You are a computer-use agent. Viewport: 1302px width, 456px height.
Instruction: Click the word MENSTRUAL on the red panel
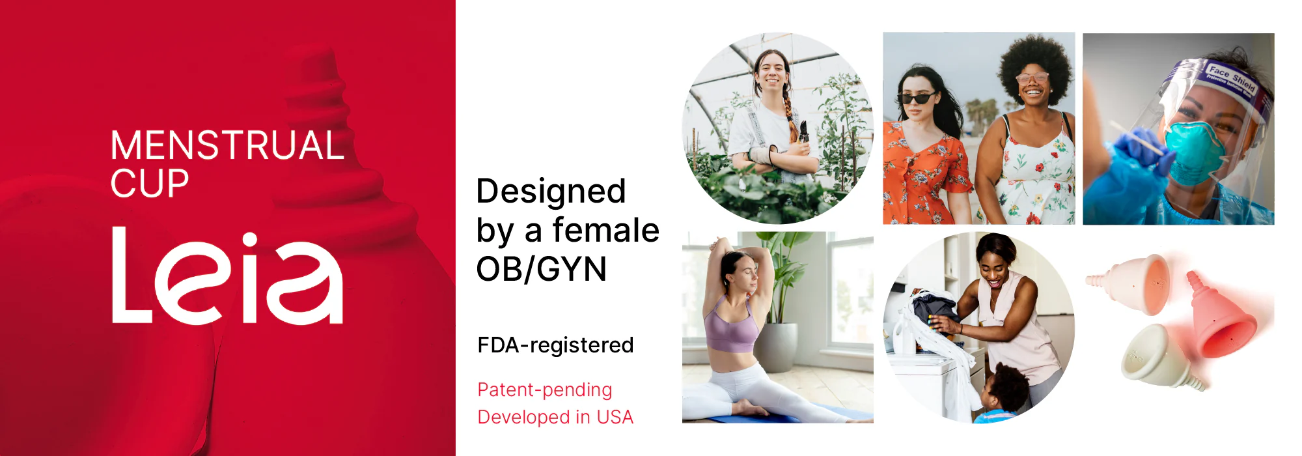coord(227,145)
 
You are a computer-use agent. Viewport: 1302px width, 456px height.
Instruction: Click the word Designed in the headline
coord(551,192)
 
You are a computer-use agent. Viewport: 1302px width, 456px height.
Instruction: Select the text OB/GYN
coord(542,269)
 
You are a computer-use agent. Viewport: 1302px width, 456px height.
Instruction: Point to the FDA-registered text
coord(555,345)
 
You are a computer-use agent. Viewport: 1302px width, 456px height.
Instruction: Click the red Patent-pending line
coord(545,390)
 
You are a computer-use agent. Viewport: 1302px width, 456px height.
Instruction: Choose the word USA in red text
coord(615,417)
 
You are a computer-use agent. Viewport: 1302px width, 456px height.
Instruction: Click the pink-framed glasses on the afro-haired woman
coord(1032,78)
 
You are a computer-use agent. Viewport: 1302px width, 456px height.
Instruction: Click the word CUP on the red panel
coord(150,183)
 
